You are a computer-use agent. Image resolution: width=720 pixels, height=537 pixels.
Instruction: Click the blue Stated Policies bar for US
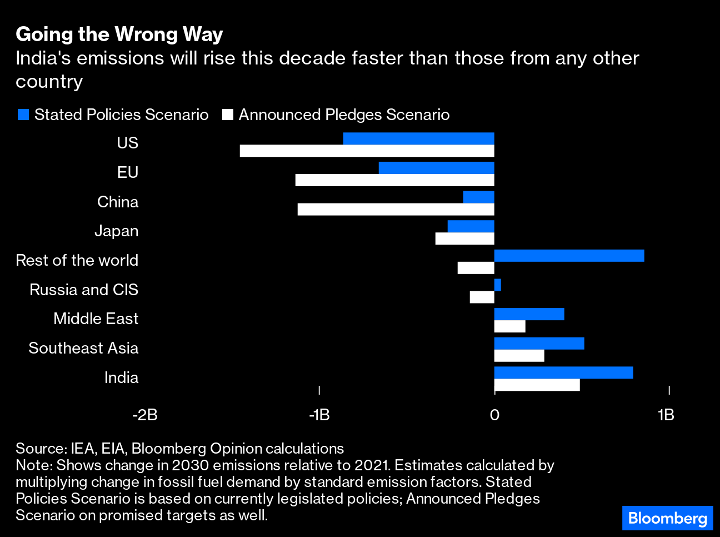pyautogui.click(x=418, y=138)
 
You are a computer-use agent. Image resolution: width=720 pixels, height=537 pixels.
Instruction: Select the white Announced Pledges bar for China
pyautogui.click(x=396, y=210)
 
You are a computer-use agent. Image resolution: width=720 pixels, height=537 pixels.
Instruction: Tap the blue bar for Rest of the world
pyautogui.click(x=569, y=256)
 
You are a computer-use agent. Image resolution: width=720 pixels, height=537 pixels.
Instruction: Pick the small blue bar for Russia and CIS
pyautogui.click(x=498, y=285)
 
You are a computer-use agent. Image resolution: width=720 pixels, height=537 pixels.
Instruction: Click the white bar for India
pyautogui.click(x=537, y=385)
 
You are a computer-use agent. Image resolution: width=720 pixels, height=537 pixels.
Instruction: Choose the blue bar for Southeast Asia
pyautogui.click(x=539, y=344)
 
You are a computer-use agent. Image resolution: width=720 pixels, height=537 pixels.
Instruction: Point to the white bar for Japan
pyautogui.click(x=464, y=239)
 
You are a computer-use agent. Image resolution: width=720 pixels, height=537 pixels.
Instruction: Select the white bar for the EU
pyautogui.click(x=394, y=180)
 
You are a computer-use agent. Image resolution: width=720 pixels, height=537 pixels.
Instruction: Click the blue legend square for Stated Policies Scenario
pyautogui.click(x=23, y=115)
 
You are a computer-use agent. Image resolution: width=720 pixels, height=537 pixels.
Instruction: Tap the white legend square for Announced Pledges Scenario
pyautogui.click(x=227, y=115)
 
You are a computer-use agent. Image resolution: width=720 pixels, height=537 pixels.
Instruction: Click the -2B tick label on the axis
pyautogui.click(x=145, y=415)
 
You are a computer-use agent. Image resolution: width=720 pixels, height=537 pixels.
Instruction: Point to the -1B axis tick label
pyautogui.click(x=319, y=415)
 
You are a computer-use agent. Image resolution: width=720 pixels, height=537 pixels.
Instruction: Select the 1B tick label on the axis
pyautogui.click(x=666, y=415)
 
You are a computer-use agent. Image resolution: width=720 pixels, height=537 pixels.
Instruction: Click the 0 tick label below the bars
pyautogui.click(x=494, y=415)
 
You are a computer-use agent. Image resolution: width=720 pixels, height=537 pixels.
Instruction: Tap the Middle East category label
pyautogui.click(x=96, y=319)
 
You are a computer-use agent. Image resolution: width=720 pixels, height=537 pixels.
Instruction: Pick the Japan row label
pyautogui.click(x=116, y=231)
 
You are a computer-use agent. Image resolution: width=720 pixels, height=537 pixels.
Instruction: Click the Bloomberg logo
pyautogui.click(x=667, y=518)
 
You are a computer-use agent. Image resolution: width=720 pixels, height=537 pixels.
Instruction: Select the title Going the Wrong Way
pyautogui.click(x=119, y=34)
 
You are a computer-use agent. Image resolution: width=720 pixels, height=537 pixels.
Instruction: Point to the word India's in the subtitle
pyautogui.click(x=43, y=58)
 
